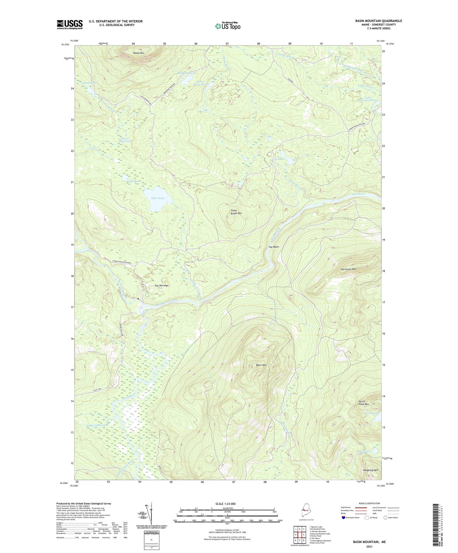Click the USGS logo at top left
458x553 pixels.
pos(70,24)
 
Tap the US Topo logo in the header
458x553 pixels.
pos(227,26)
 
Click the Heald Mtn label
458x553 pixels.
pos(139,53)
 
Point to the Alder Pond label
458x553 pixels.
pos(158,198)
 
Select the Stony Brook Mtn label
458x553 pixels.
pos(236,212)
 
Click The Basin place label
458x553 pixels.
pos(274,247)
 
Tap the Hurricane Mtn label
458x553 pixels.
pos(348,269)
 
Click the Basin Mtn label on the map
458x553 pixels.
pos(261,365)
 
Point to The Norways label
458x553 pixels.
pos(162,285)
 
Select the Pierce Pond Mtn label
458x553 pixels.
pos(364,403)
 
